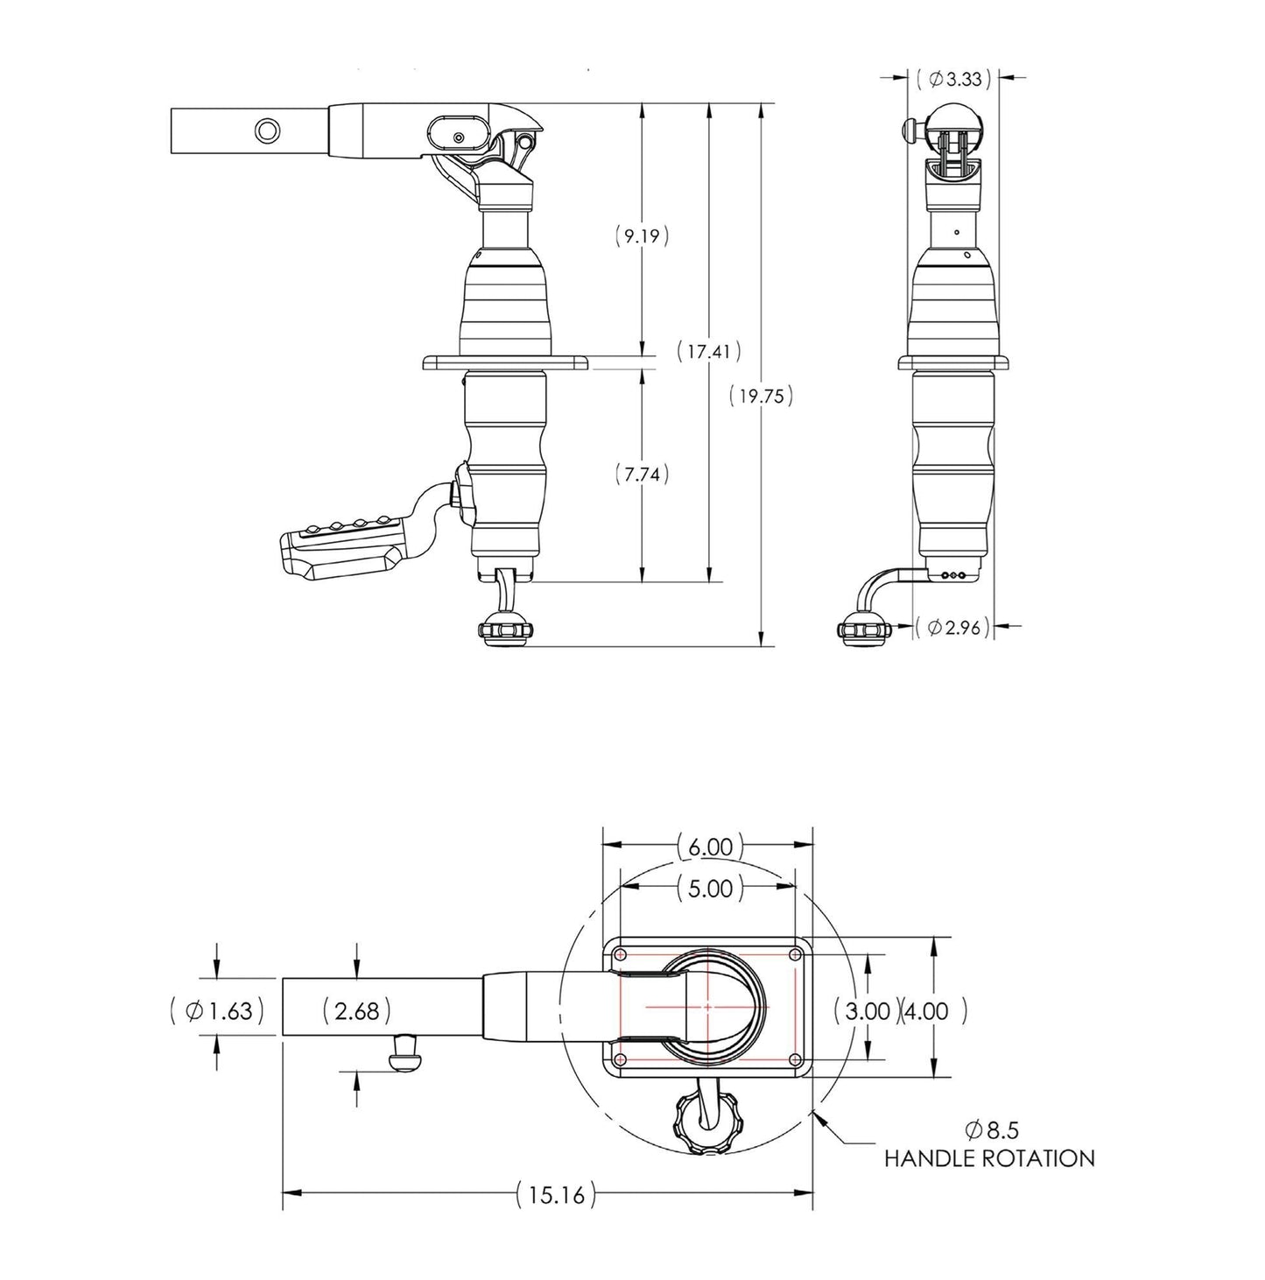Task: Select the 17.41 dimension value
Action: [x=709, y=351]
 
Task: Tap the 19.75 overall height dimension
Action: [x=761, y=396]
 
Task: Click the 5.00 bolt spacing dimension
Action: [x=709, y=889]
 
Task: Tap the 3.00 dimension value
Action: [x=867, y=1011]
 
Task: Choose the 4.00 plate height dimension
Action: [x=933, y=1011]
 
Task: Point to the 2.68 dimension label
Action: [x=356, y=1011]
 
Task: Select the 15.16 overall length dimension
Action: [x=556, y=1193]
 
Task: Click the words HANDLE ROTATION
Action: [x=989, y=1158]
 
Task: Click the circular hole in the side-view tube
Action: [x=268, y=130]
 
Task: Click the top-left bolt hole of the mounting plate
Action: [x=621, y=953]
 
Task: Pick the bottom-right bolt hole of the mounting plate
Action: [x=795, y=1060]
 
